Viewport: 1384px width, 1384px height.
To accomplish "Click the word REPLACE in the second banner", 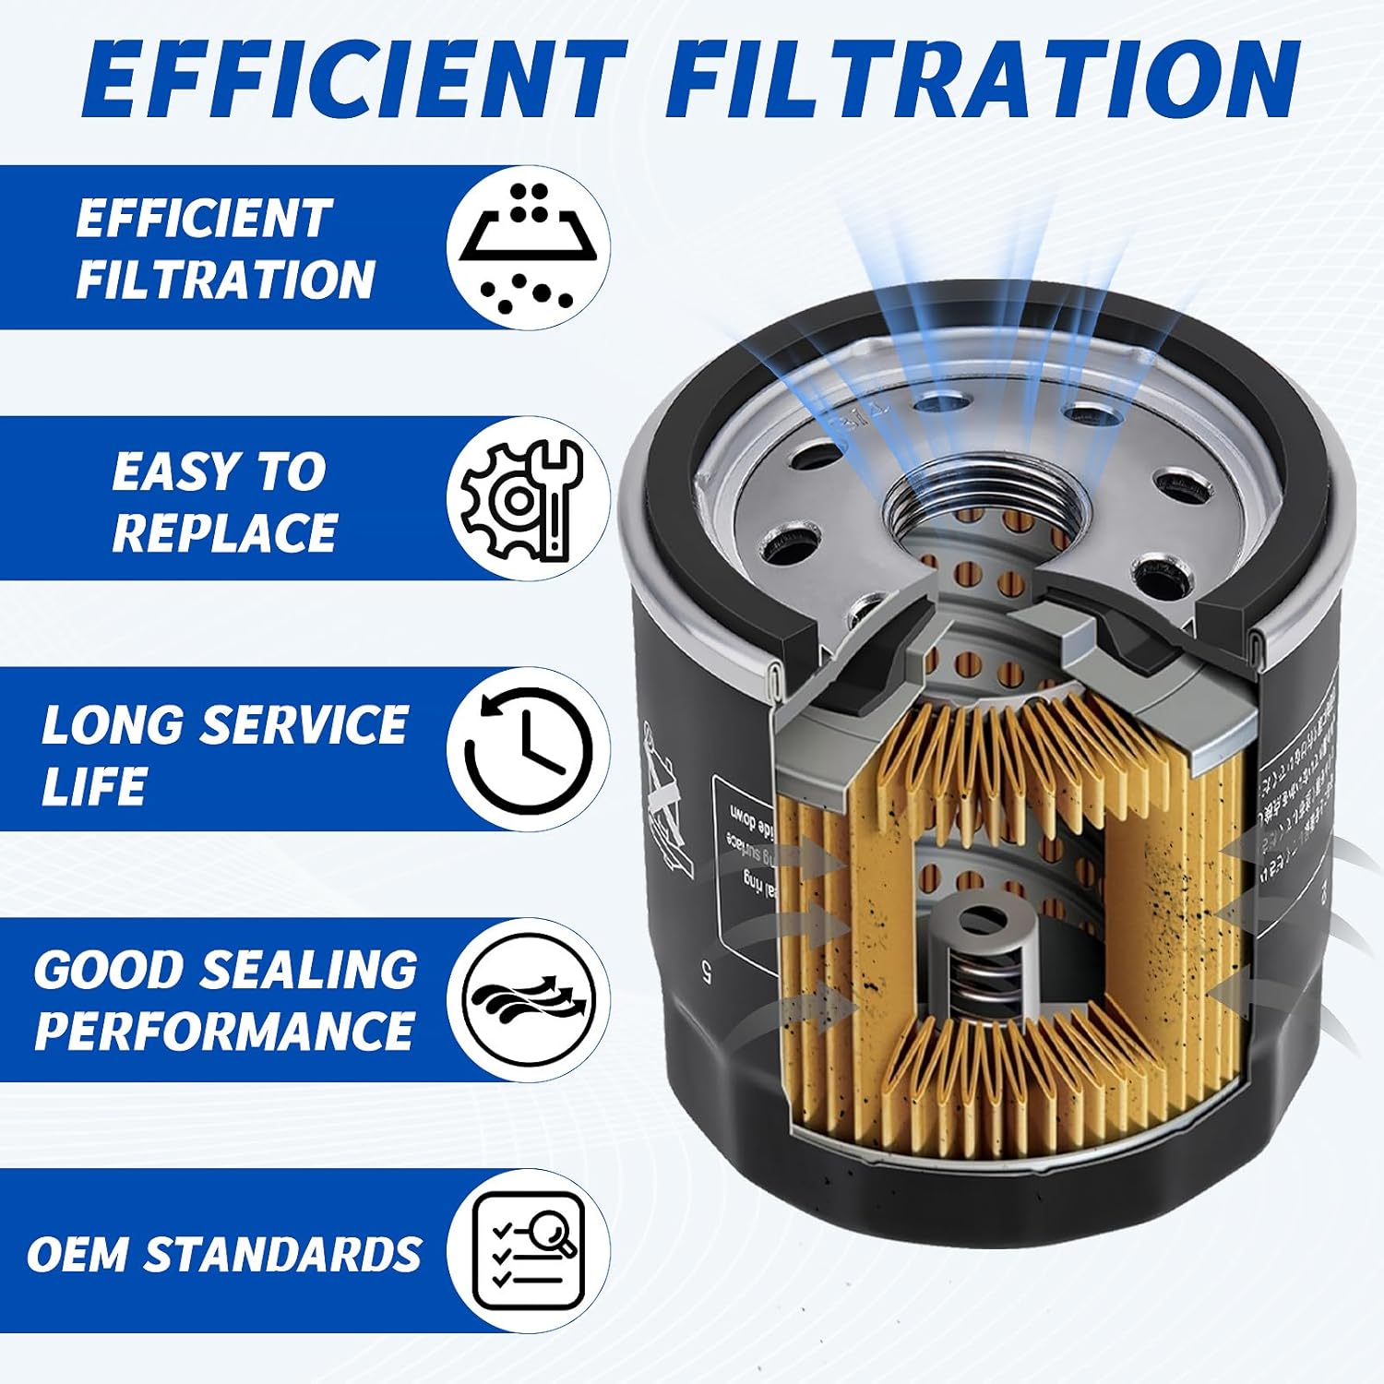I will [224, 532].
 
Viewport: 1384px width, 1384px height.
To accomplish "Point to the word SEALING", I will [308, 970].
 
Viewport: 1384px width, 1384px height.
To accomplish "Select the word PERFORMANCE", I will [224, 1031].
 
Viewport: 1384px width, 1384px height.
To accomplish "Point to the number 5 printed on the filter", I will [706, 972].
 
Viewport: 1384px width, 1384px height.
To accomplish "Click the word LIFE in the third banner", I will [93, 786].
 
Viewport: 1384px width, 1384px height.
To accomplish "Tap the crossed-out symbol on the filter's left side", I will [666, 803].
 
